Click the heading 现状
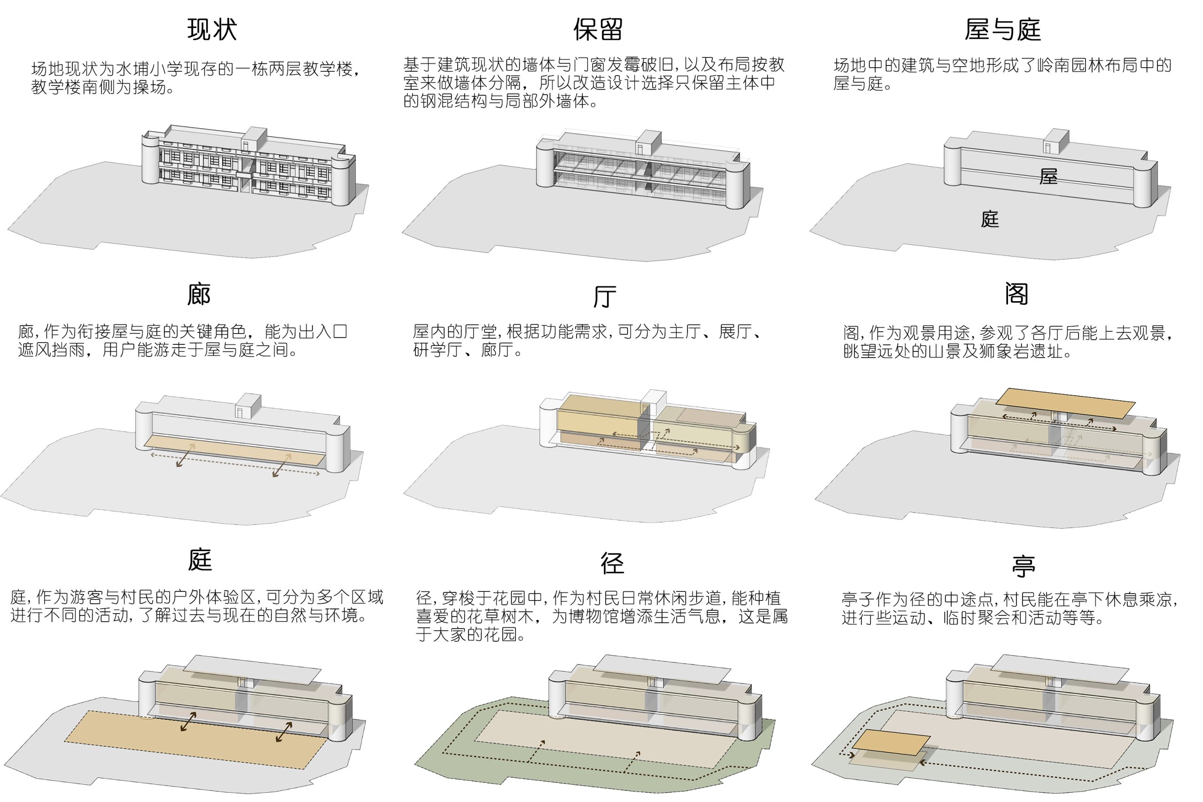pyautogui.click(x=212, y=29)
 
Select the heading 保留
pyautogui.click(x=597, y=29)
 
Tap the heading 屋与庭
pyautogui.click(x=1002, y=29)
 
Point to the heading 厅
pyautogui.click(x=604, y=296)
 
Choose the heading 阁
pyautogui.click(x=1016, y=294)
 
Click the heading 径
pyautogui.click(x=612, y=563)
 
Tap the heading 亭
pyautogui.click(x=1023, y=566)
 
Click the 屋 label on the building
pyautogui.click(x=1048, y=177)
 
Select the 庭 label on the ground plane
pyautogui.click(x=990, y=219)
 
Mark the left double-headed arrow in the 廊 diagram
pyautogui.click(x=185, y=455)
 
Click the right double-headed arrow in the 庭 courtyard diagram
pyautogui.click(x=284, y=732)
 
